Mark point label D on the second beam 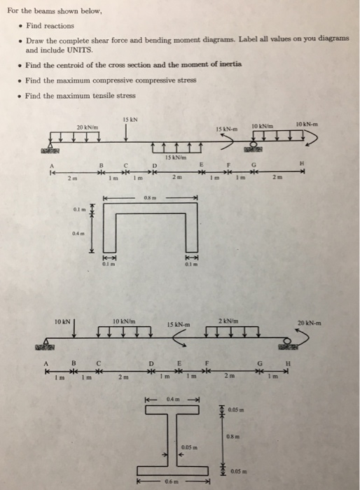pos(151,363)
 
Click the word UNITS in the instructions pos(78,50)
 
